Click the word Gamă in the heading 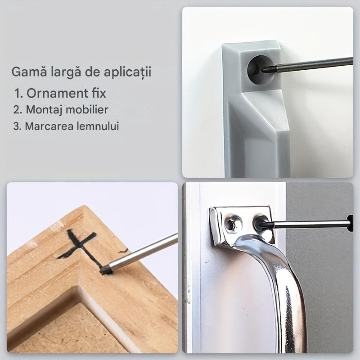click(x=26, y=72)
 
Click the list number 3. click(x=17, y=126)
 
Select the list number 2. click(x=17, y=109)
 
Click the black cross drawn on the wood click(x=79, y=245)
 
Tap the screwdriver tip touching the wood click(x=106, y=270)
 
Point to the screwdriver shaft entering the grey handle click(x=310, y=64)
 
